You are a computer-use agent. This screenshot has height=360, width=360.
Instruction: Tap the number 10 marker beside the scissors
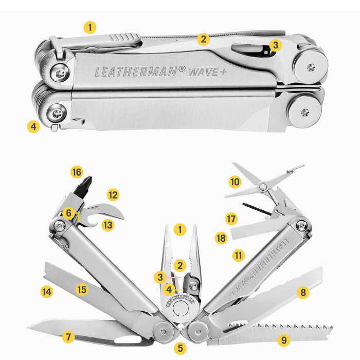pyautogui.click(x=235, y=182)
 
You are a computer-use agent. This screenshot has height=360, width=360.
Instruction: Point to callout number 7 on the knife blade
pyautogui.click(x=67, y=337)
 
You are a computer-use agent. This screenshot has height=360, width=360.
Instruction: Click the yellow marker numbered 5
pyautogui.click(x=179, y=348)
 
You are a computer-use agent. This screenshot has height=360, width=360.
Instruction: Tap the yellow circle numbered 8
pyautogui.click(x=303, y=293)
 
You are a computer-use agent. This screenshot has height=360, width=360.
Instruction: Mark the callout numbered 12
pyautogui.click(x=113, y=195)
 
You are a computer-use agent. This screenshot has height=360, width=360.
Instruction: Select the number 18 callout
pyautogui.click(x=221, y=238)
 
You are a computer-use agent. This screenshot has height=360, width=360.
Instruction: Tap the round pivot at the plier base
pyautogui.click(x=179, y=309)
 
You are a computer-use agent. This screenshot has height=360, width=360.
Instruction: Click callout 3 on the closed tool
pyautogui.click(x=276, y=45)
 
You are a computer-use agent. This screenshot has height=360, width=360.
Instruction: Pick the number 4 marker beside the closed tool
pyautogui.click(x=33, y=126)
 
